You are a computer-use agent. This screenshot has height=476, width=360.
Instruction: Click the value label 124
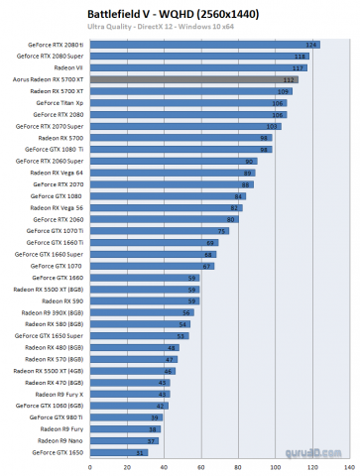click(x=312, y=45)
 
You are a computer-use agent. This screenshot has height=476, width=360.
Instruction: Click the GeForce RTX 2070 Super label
click(x=56, y=126)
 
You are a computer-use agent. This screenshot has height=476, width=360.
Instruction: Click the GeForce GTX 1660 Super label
click(x=56, y=254)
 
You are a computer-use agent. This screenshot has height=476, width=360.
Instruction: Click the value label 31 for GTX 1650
click(x=141, y=451)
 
